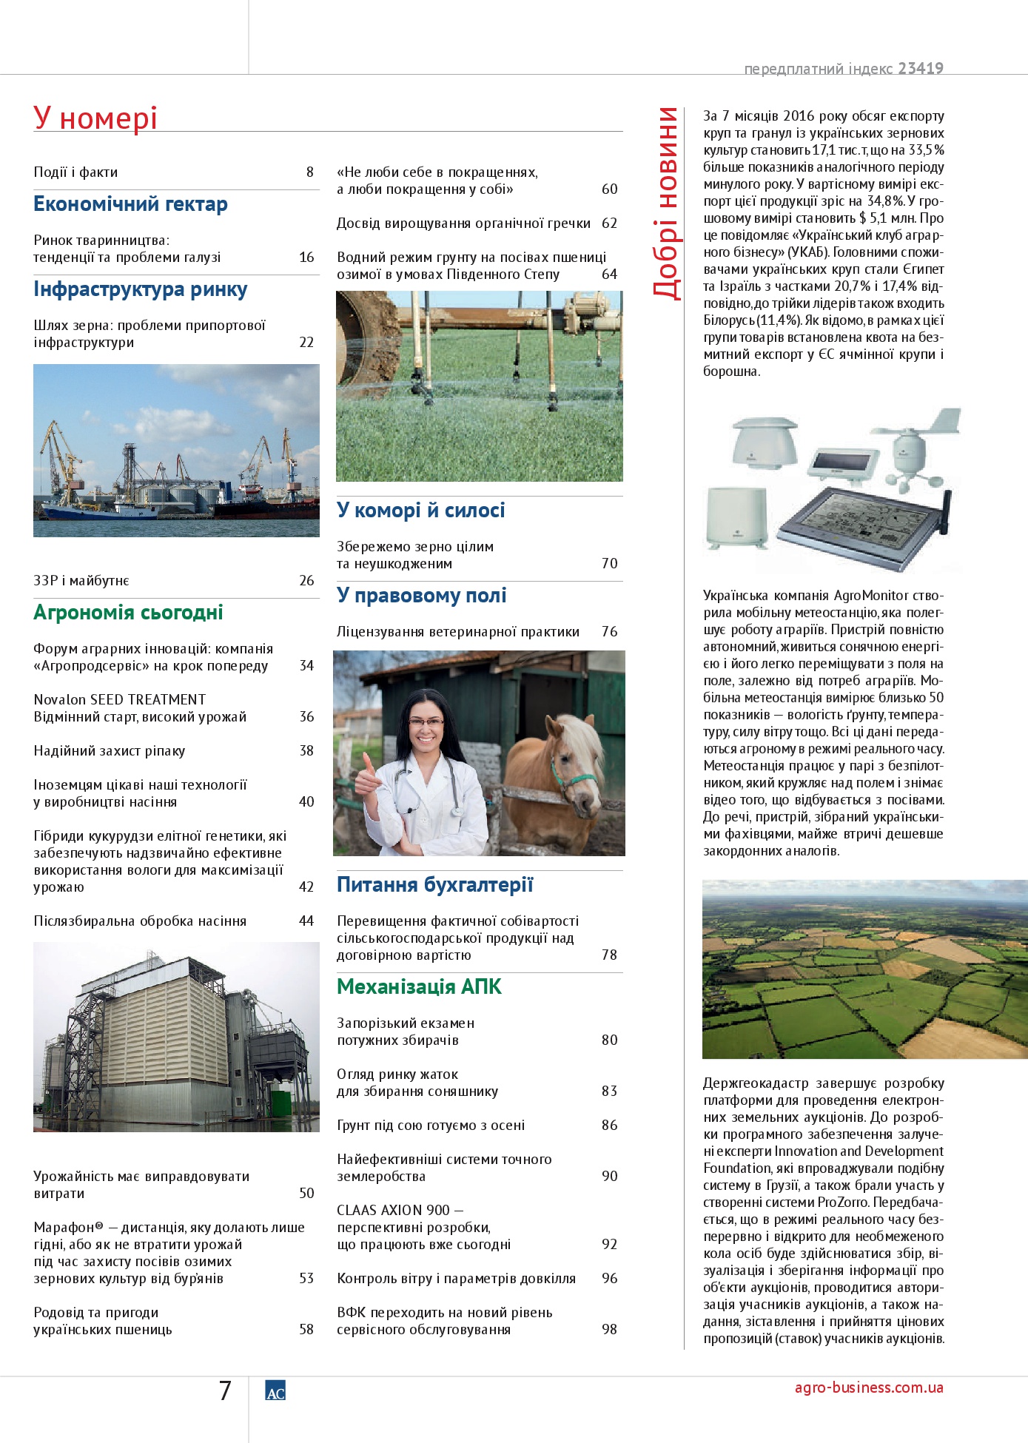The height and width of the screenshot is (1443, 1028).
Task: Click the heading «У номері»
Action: point(95,118)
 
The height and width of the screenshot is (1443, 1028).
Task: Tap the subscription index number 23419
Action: point(921,69)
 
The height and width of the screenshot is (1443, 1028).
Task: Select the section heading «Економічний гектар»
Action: point(130,204)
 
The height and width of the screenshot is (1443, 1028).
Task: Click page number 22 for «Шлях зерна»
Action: point(306,343)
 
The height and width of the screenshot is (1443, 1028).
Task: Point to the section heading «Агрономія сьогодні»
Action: point(128,613)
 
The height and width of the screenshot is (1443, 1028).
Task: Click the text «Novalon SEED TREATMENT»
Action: point(120,699)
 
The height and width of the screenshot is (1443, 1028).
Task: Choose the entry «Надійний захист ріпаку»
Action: point(110,751)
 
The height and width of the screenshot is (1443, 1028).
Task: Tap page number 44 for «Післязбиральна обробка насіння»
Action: point(306,921)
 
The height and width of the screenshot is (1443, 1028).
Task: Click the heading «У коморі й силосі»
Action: point(420,511)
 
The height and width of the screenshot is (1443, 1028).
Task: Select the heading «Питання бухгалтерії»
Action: point(434,885)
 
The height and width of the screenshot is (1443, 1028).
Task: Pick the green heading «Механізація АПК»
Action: point(419,987)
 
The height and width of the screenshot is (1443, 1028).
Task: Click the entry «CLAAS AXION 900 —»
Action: point(400,1211)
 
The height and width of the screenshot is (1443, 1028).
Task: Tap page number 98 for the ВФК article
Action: point(609,1330)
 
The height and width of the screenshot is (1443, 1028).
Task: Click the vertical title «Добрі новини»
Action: point(667,203)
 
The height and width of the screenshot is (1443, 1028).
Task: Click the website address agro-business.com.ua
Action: point(869,1387)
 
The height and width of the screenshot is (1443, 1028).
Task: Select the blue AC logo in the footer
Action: point(275,1390)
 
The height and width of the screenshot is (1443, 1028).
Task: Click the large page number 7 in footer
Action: point(226,1390)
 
